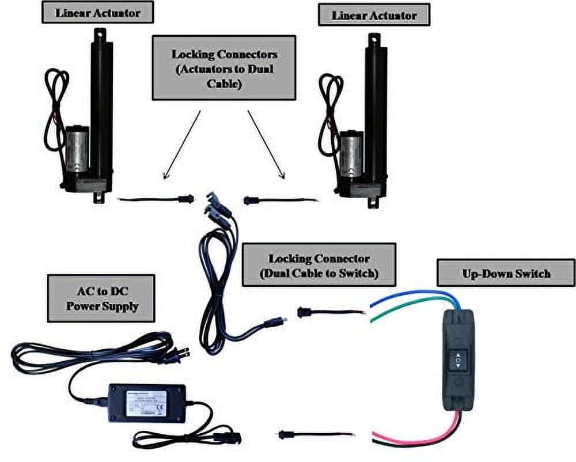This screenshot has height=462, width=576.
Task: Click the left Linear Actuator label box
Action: coord(97,12)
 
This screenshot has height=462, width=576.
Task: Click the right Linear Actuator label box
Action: coord(374,14)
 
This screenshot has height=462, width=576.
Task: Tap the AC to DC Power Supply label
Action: coord(101,297)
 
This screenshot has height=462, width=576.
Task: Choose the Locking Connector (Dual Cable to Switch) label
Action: coord(319,264)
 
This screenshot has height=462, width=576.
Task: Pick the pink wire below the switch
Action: coord(415,435)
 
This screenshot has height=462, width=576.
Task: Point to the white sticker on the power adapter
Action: coord(146,402)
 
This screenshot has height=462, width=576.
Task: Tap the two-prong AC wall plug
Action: coord(178,355)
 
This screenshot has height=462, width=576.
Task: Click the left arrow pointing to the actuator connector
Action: coord(181,144)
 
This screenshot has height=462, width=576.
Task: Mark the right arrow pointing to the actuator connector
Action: coord(266,144)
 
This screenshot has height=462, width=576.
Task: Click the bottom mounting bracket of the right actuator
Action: coord(373,201)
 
